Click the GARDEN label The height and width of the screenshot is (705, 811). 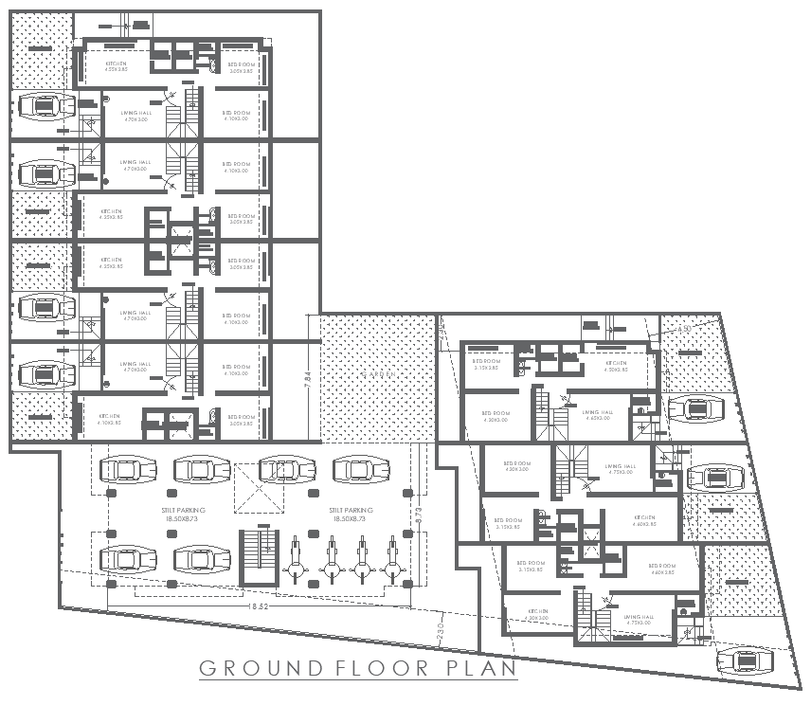point(377,375)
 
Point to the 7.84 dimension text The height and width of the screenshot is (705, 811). point(308,378)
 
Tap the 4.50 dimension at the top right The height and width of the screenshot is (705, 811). point(684,329)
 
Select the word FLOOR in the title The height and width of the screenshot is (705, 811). point(384,668)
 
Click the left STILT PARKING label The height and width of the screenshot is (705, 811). point(183,515)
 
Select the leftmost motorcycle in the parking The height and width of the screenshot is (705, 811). point(296,562)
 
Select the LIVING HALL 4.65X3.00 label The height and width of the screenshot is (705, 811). point(597,416)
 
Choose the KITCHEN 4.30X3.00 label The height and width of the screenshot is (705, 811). point(538,615)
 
